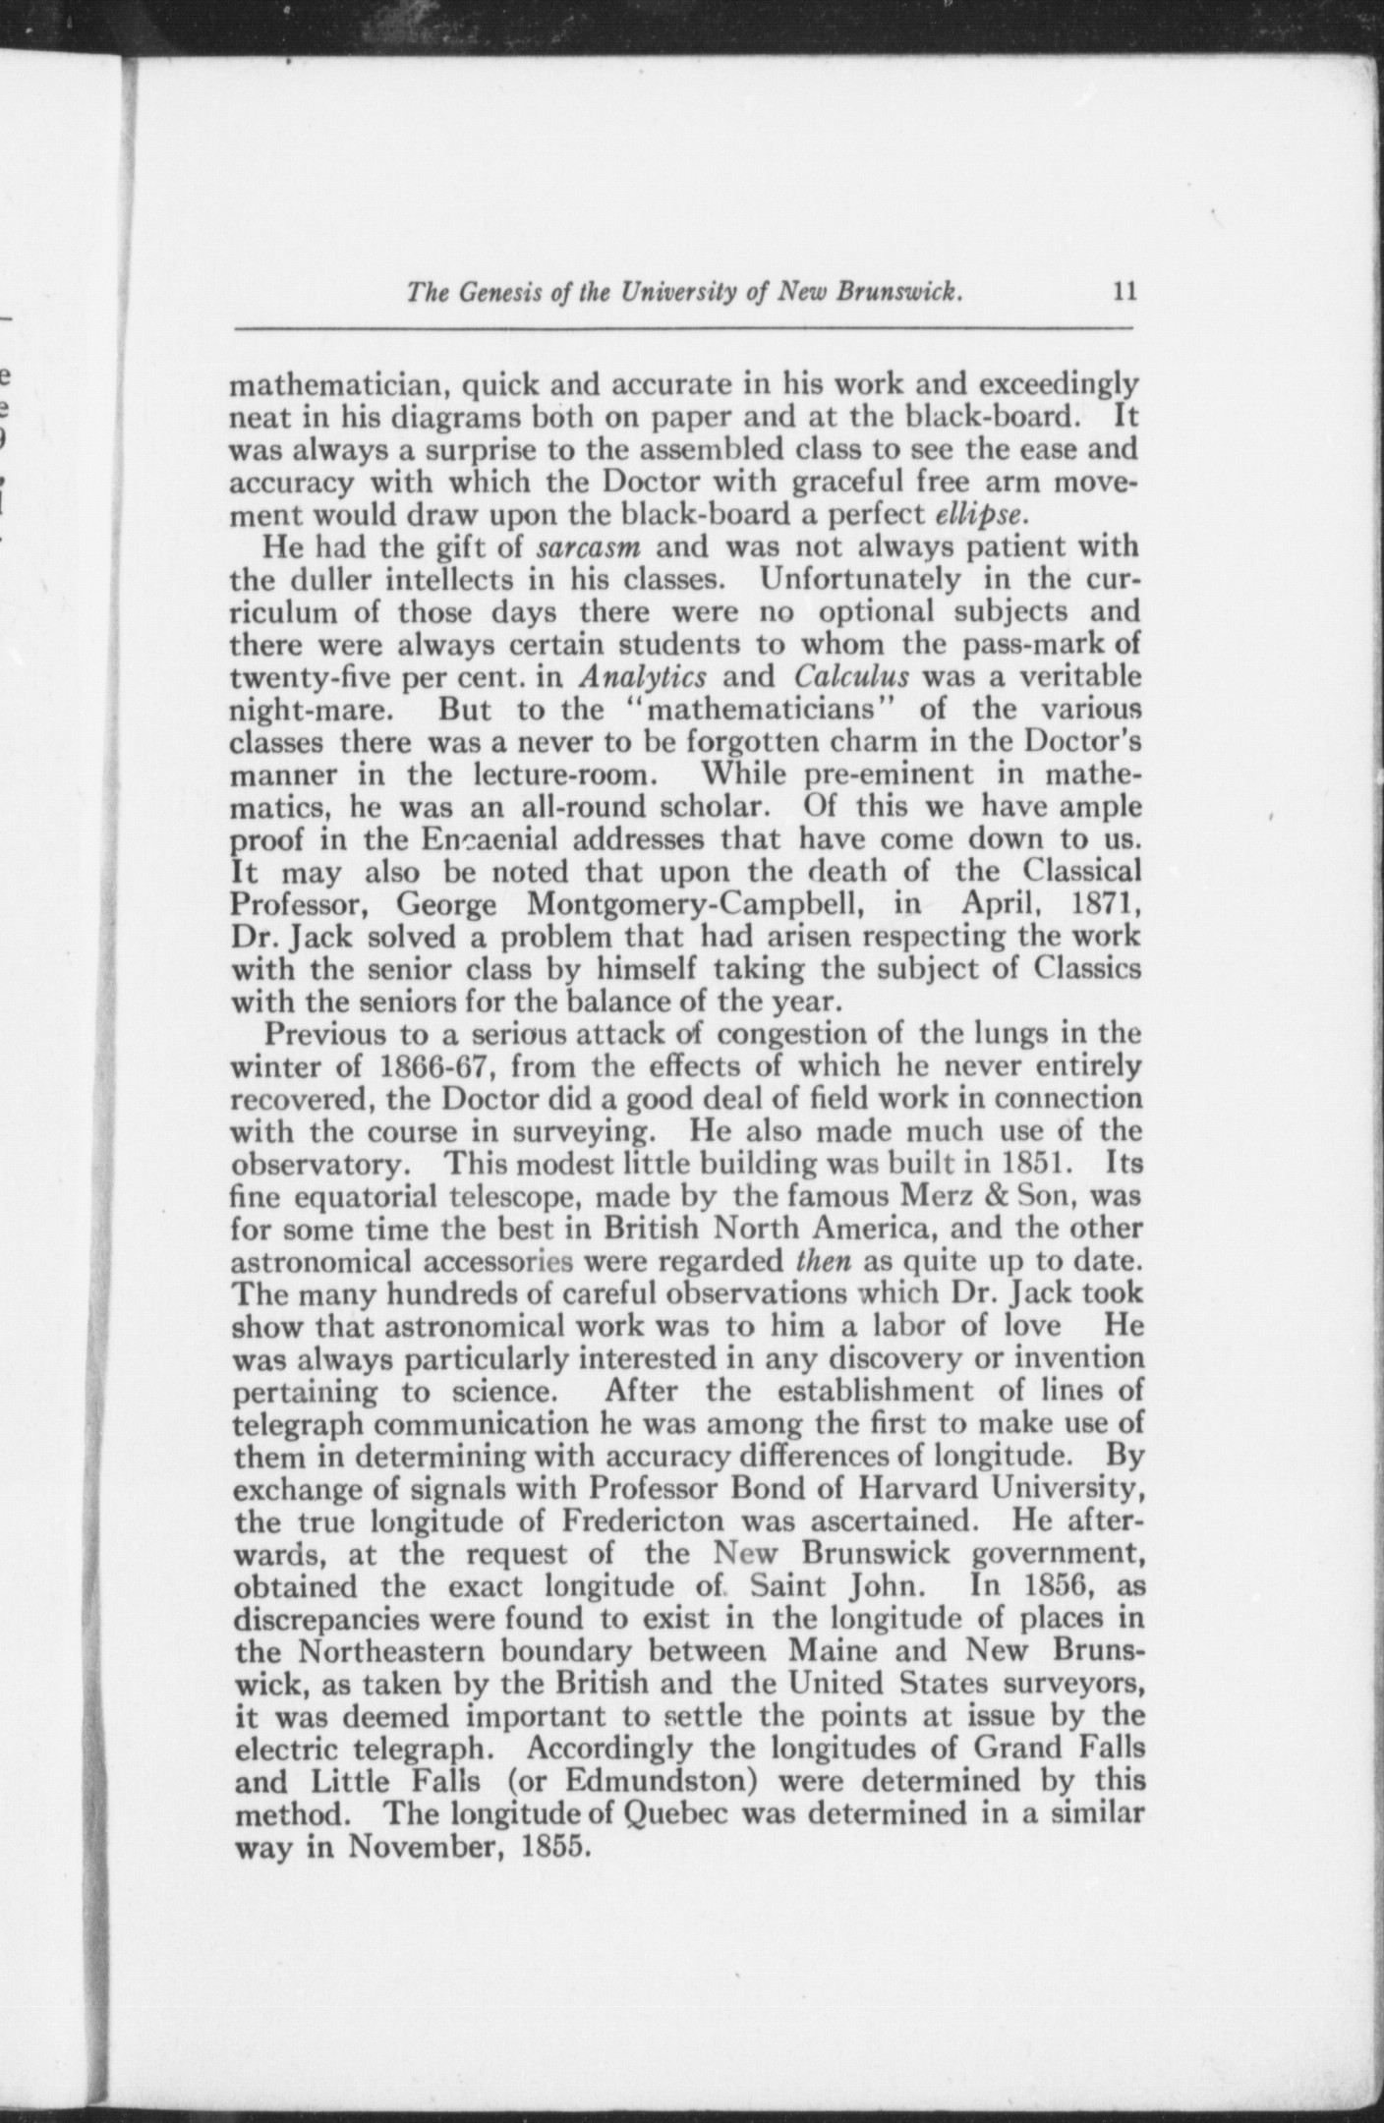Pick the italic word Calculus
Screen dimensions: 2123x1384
tap(850, 677)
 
